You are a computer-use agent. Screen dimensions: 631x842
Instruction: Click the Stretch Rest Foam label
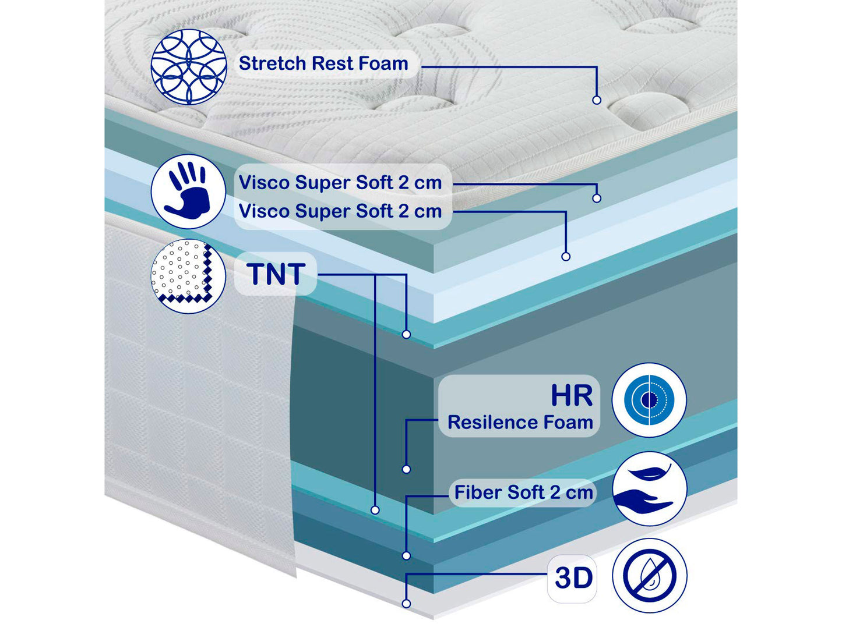coord(323,63)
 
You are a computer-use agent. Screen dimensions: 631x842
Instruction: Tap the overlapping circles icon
coord(189,67)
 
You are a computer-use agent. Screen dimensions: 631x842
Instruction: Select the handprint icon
coord(188,191)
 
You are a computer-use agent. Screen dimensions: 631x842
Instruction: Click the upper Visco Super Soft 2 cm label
coord(340,183)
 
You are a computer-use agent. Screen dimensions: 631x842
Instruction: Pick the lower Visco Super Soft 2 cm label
coord(340,211)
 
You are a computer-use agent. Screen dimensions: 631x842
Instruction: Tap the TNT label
coord(276,274)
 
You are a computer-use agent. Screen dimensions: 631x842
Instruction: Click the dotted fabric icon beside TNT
coord(188,276)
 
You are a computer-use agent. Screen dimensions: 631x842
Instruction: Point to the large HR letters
coord(572,396)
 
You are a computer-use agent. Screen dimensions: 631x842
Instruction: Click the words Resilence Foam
coord(520,422)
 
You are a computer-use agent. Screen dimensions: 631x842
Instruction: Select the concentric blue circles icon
coord(649,400)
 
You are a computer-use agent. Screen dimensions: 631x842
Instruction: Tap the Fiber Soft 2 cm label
coord(523,492)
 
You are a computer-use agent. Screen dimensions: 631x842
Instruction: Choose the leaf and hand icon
coord(650,489)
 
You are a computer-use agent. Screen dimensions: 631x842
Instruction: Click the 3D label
coord(573,578)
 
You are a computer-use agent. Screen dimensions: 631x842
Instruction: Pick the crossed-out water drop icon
coord(650,576)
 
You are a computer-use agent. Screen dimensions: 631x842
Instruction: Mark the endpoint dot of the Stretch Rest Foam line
coord(597,100)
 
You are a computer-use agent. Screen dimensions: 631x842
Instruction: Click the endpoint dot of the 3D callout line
coord(406,604)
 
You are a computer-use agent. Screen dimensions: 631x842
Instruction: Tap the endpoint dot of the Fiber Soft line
coord(406,556)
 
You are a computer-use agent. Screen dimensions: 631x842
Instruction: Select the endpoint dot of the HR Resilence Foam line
coord(406,469)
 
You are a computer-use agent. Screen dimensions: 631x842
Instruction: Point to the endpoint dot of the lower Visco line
coord(565,257)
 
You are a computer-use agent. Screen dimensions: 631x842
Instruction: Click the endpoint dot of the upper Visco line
coord(597,198)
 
